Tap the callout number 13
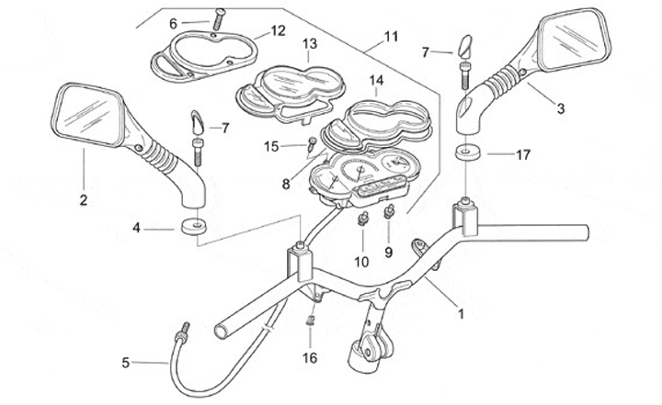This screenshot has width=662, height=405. (x=309, y=43)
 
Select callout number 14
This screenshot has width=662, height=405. (x=376, y=80)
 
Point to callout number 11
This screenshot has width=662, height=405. (x=392, y=37)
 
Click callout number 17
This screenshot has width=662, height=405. (x=523, y=155)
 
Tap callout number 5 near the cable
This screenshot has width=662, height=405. (x=126, y=363)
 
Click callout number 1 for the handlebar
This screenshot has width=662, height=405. (x=461, y=313)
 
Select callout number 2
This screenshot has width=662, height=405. (x=83, y=199)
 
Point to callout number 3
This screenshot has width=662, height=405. (x=560, y=107)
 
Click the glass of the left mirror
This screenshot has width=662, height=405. (x=89, y=114)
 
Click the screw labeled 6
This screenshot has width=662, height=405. (x=220, y=17)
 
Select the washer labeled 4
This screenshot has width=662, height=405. (x=194, y=226)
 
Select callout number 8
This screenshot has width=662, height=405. (x=286, y=184)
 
